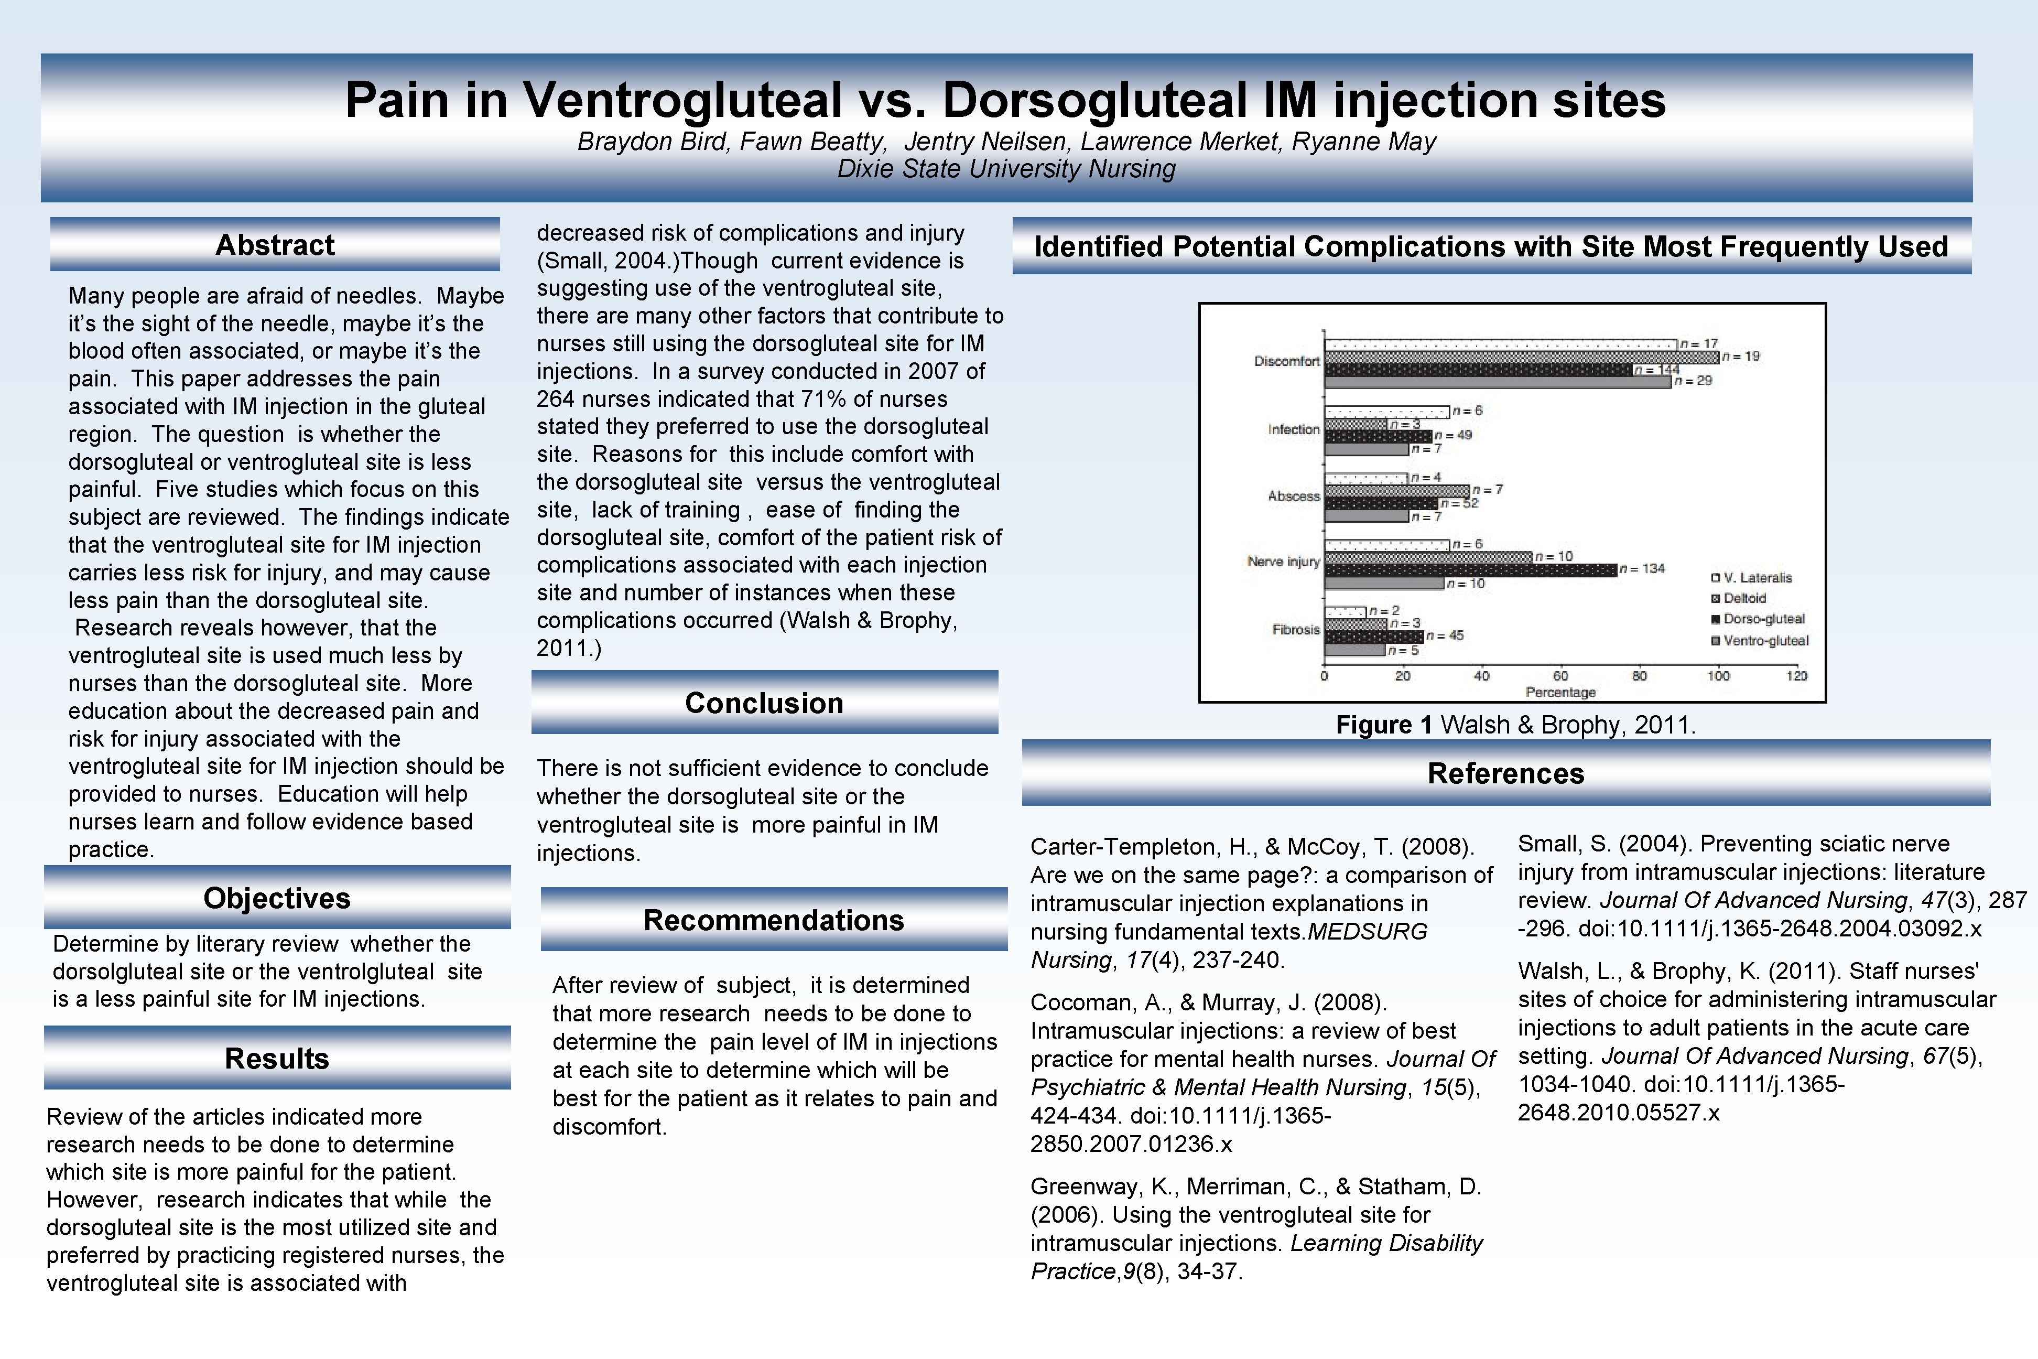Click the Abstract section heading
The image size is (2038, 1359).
pyautogui.click(x=275, y=245)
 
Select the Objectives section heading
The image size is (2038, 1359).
pyautogui.click(x=276, y=898)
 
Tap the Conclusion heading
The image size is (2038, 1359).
pyautogui.click(x=763, y=703)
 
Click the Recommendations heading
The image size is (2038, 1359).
pyautogui.click(x=773, y=920)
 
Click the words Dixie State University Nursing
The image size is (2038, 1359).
pyautogui.click(x=1006, y=168)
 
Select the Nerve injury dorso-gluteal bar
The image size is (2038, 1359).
pyautogui.click(x=1470, y=569)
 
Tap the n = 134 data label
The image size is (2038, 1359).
pyautogui.click(x=1642, y=568)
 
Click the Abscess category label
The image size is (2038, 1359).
pyautogui.click(x=1294, y=496)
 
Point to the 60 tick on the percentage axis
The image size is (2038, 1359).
pyautogui.click(x=1560, y=676)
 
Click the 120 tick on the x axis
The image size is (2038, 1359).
pyautogui.click(x=1796, y=676)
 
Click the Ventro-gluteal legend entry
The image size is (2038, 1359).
pyautogui.click(x=1765, y=641)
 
